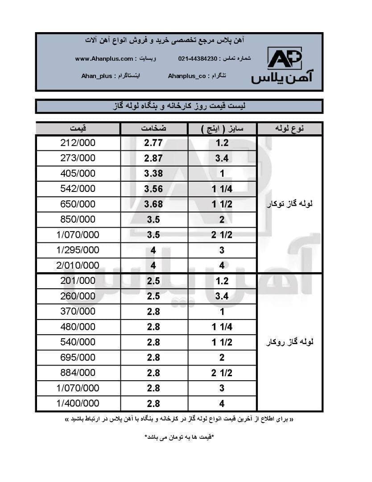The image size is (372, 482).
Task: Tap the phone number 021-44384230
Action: (x=198, y=59)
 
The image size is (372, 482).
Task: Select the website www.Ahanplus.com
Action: (x=104, y=59)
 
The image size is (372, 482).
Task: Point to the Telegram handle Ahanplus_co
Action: (x=187, y=76)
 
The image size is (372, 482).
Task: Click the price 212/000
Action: (x=78, y=143)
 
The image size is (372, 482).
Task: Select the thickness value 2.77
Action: (x=153, y=143)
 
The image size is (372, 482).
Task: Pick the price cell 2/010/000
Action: (x=78, y=266)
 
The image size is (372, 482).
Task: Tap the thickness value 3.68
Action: (x=153, y=204)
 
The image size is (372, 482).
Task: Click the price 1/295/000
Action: (x=78, y=250)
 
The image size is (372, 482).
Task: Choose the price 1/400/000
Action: (x=78, y=403)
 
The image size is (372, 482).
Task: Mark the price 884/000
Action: (x=78, y=373)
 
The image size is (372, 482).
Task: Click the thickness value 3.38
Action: (x=153, y=174)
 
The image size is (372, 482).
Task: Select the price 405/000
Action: (x=78, y=174)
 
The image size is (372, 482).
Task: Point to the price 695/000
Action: (x=78, y=357)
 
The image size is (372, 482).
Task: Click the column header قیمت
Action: (x=78, y=129)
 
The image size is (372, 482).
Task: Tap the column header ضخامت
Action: (x=154, y=129)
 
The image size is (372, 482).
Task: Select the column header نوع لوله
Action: (x=290, y=129)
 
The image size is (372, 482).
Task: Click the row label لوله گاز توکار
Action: (x=289, y=204)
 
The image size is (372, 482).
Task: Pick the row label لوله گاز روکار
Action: (x=289, y=342)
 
